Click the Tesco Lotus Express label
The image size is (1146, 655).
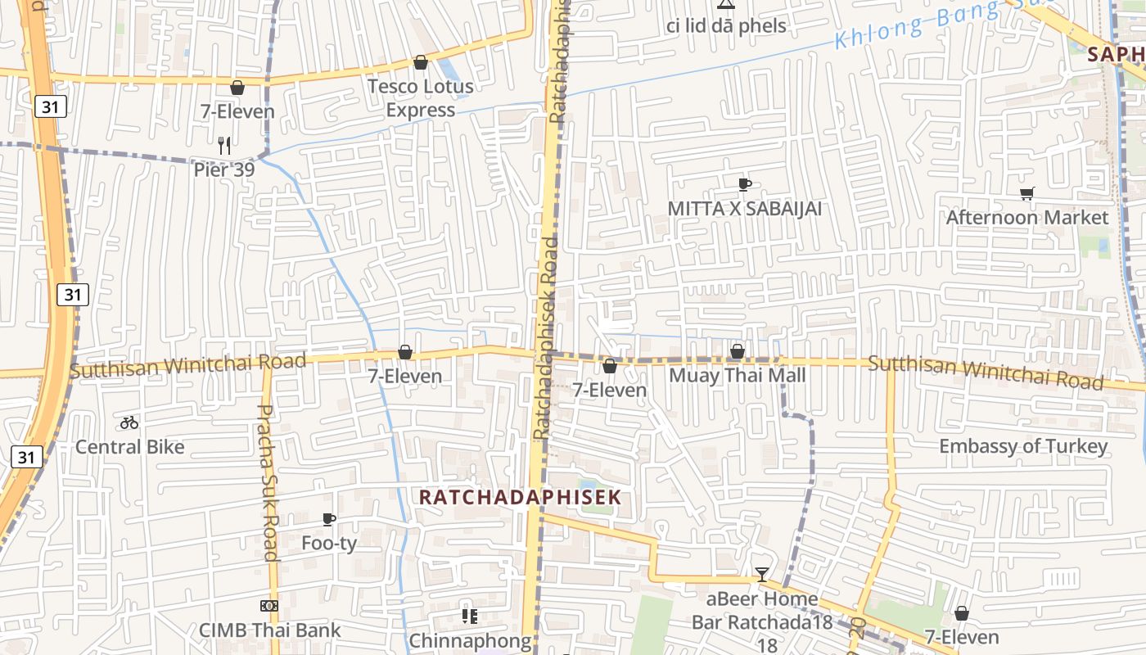421,98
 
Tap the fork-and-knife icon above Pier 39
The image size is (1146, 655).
225,146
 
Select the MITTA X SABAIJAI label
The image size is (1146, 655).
744,209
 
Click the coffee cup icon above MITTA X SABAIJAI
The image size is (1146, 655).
744,184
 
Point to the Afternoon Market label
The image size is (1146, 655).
1026,218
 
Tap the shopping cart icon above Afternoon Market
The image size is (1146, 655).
1026,193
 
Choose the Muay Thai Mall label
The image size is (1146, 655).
737,376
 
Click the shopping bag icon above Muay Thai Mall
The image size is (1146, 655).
737,351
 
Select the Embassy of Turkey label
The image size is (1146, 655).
1022,446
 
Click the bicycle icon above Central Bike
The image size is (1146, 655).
129,422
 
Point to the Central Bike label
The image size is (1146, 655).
129,447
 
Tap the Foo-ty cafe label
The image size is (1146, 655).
329,543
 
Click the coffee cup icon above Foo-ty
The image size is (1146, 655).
329,519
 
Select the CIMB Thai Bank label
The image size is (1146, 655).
269,630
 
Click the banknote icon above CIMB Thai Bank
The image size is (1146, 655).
269,606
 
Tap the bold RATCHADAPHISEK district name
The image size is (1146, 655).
520,497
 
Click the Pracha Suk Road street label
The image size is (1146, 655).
268,483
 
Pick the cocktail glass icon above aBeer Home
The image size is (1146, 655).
762,574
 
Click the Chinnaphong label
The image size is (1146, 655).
470,640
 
